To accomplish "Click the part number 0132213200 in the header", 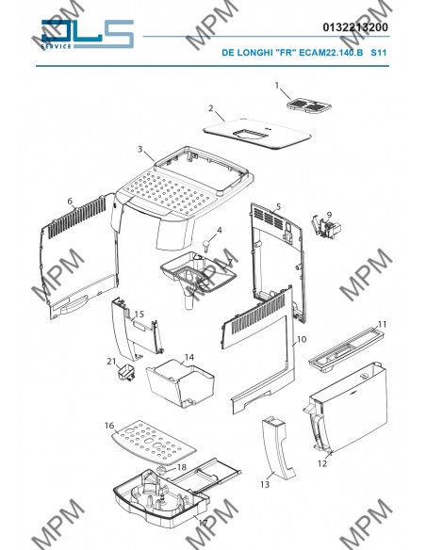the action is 355,27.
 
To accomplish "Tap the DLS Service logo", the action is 88,34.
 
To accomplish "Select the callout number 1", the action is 277,86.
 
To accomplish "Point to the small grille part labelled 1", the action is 308,105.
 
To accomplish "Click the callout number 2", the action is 210,108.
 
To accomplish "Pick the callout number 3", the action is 140,149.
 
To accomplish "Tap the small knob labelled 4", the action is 207,244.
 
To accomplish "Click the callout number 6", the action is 70,202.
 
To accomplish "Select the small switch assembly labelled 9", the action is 326,228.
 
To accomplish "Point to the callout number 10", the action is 302,340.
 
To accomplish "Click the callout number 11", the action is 382,325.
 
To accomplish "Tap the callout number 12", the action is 322,463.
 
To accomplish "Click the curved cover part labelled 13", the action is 278,446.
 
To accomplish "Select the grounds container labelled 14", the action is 181,383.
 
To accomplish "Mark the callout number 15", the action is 139,314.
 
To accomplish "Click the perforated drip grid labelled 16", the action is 153,444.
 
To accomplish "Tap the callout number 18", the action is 182,467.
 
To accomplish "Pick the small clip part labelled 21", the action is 126,373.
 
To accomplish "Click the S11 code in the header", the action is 379,53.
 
